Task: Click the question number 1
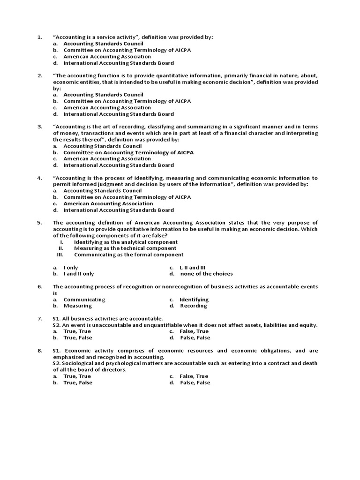coord(40,37)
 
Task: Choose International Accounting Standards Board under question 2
coord(119,114)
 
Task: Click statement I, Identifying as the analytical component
coord(126,242)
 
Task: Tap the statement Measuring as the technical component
coord(125,248)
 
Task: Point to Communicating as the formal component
coord(128,255)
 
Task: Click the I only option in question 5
coord(71,267)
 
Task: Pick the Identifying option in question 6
coord(194,300)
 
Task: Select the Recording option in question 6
coord(193,306)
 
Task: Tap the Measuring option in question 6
coord(77,306)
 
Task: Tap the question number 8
coord(40,351)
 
